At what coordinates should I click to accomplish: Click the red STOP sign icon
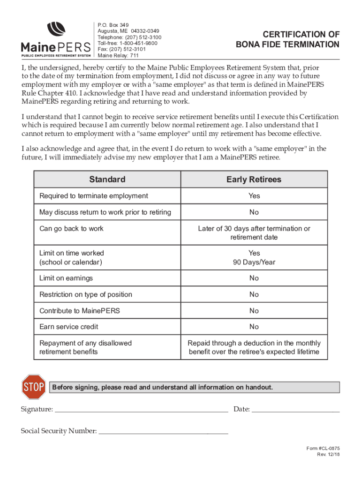[33, 387]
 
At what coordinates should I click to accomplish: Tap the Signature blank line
[141, 409]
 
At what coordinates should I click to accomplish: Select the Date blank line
[295, 409]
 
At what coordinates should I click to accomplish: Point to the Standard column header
[107, 180]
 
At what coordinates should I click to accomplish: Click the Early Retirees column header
[254, 180]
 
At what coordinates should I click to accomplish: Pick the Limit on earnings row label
[66, 278]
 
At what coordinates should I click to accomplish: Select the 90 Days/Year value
[254, 262]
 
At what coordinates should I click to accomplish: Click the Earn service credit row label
[69, 327]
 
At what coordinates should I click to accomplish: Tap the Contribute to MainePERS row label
[80, 311]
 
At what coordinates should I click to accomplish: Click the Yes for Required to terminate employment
[254, 196]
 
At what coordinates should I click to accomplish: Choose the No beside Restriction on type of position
[254, 294]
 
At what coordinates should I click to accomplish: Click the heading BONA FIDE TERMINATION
[287, 45]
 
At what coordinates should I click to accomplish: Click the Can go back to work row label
[72, 229]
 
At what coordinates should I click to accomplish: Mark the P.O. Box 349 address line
[113, 25]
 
